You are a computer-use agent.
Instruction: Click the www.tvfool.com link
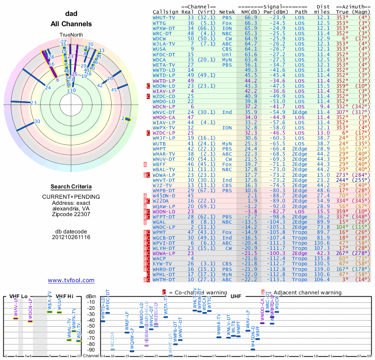click(x=71, y=280)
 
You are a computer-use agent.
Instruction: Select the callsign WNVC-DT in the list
click(x=165, y=112)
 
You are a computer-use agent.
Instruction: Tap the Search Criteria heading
click(x=71, y=187)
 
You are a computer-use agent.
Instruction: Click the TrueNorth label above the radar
click(x=71, y=35)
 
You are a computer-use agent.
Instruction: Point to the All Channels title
click(x=71, y=24)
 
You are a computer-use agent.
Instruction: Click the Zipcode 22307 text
click(x=71, y=215)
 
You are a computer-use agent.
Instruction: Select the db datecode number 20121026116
click(x=71, y=237)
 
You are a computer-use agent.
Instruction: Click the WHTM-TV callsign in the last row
click(x=165, y=280)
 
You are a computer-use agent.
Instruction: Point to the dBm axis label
click(x=90, y=296)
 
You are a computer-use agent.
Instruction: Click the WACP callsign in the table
click(x=159, y=259)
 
